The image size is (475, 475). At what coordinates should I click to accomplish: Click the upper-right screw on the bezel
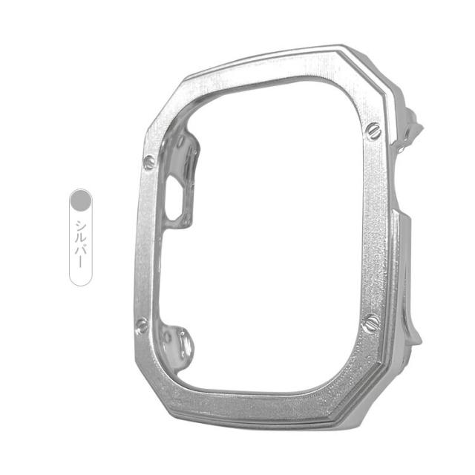click(373, 131)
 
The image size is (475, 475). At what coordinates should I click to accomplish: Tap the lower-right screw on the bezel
click(371, 324)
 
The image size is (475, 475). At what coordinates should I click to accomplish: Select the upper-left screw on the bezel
click(148, 163)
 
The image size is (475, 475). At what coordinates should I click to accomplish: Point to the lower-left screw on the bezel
click(142, 325)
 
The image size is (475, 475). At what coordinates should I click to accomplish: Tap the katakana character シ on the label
click(81, 225)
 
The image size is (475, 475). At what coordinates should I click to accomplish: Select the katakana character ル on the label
click(81, 237)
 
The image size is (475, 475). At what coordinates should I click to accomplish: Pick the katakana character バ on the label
click(81, 250)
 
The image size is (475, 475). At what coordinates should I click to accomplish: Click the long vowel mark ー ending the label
click(81, 262)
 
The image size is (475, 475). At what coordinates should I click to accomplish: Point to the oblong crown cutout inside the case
click(174, 198)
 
